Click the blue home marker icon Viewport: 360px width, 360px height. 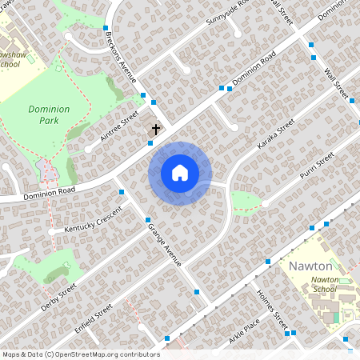click(x=180, y=173)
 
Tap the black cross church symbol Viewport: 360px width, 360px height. click(x=156, y=128)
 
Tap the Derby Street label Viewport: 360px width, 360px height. click(x=58, y=294)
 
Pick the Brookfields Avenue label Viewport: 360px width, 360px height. click(x=125, y=61)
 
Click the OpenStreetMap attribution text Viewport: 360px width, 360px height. click(x=81, y=354)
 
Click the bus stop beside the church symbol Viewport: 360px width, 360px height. click(x=150, y=142)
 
